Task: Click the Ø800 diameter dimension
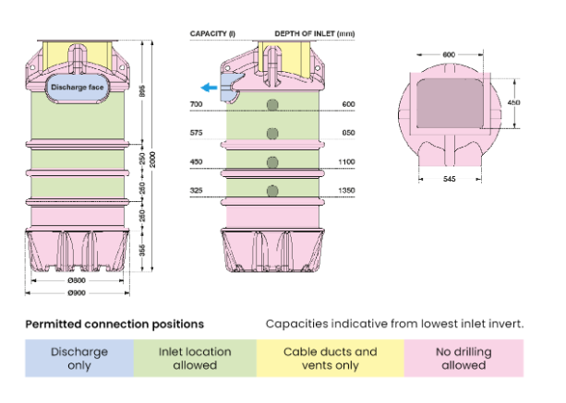[78, 281]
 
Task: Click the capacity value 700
[196, 105]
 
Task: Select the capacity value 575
[196, 134]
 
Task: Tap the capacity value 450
[196, 162]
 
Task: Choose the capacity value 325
[196, 191]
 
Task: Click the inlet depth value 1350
[348, 191]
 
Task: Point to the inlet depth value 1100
[348, 162]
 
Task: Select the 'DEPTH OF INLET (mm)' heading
[314, 33]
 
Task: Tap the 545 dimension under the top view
[449, 177]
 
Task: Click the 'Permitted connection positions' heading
[114, 325]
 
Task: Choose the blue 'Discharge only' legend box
[79, 358]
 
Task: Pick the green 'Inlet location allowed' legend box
[195, 358]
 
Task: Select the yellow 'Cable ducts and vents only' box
[330, 358]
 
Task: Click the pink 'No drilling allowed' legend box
[464, 358]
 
